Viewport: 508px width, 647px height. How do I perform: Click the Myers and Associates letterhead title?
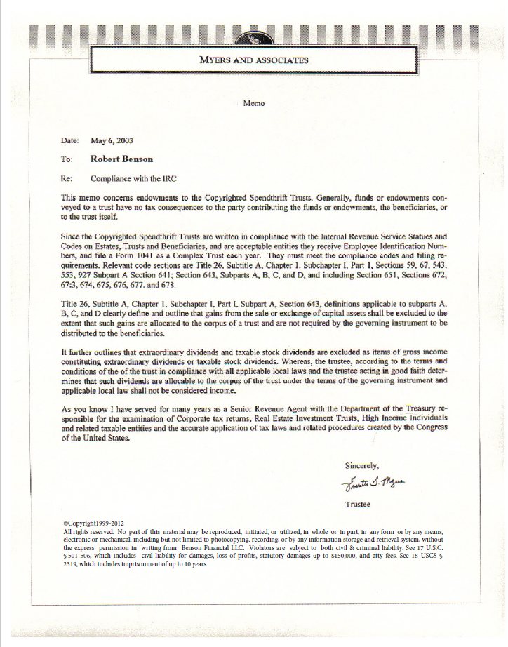253,60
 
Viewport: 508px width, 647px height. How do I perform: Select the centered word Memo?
253,103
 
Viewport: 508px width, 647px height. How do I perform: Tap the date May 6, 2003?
112,140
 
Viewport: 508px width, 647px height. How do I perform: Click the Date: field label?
70,140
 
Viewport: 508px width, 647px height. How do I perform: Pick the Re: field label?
67,178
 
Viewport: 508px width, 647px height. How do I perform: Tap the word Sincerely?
362,465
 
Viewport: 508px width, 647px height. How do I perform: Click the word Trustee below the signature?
359,504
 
